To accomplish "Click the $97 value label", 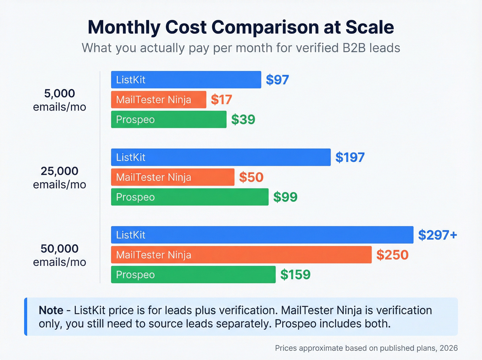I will pos(277,80).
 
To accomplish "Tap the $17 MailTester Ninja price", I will pos(221,100).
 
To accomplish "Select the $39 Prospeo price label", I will pos(243,120).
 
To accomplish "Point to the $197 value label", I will pos(350,157).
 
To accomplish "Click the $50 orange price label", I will pos(251,177).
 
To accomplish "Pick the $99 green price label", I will pos(285,197).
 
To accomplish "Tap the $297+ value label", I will pos(437,235).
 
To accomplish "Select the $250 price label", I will pos(392,255).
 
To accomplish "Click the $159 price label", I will pos(295,275).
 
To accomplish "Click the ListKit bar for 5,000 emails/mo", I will pos(186,80).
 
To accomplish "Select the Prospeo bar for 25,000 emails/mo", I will pos(190,197).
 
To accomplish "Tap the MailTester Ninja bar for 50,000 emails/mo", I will pos(241,255).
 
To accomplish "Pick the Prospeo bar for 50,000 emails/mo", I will pos(193,275).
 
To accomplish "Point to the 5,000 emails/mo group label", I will pos(60,100).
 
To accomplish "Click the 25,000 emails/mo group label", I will pos(60,177).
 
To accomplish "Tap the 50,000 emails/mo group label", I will pos(60,255).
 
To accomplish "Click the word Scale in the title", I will pos(369,27).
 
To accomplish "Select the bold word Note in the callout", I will pos(51,310).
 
